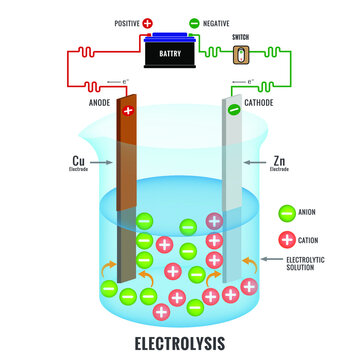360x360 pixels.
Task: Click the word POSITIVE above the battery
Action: [127, 21]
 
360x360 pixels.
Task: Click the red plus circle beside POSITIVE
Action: [148, 21]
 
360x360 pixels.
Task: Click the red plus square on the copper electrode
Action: [127, 112]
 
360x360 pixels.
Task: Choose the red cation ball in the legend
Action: [287, 238]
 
